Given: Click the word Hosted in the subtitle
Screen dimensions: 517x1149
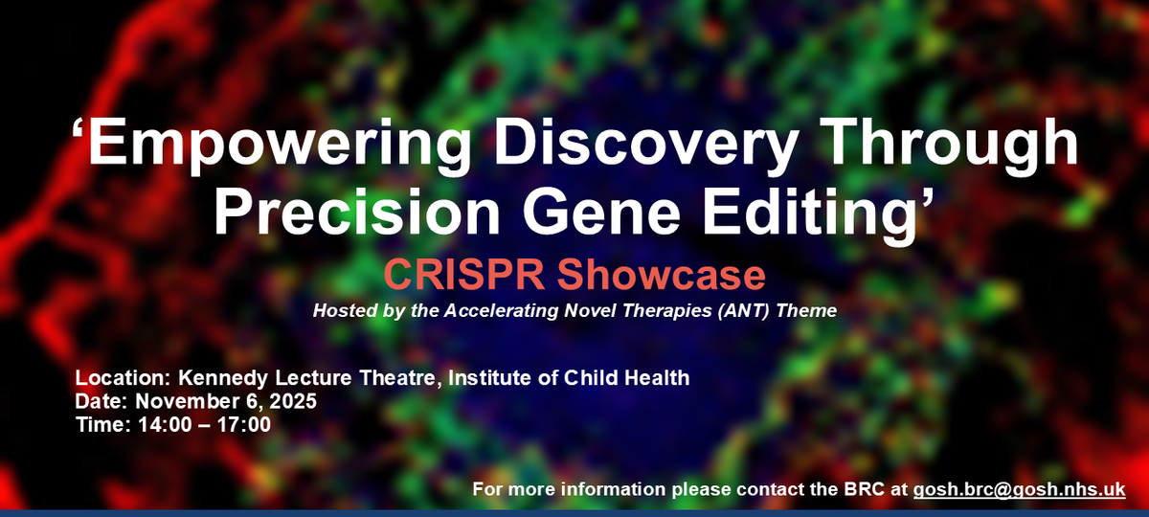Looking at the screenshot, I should coord(342,311).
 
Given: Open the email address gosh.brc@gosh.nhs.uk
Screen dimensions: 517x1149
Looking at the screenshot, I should coord(1019,489).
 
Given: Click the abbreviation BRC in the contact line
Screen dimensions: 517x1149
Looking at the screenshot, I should coord(865,489).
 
